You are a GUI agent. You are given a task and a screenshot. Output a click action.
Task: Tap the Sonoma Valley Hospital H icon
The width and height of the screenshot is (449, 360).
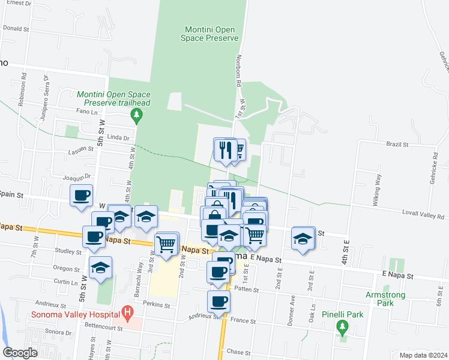tap(127, 312)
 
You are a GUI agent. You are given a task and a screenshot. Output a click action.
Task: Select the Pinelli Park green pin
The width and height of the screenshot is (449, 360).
tap(343, 327)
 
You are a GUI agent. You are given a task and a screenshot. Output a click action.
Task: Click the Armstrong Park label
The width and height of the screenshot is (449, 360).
tap(385, 299)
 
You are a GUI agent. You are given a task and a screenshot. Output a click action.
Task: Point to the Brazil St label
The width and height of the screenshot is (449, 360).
tap(397, 145)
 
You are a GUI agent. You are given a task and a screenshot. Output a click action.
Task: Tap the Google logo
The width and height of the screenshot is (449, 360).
tap(20, 353)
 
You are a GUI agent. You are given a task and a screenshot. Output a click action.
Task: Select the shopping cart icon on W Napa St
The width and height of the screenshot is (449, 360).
tap(166, 242)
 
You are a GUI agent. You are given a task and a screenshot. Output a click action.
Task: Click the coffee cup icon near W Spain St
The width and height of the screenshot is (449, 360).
tap(82, 194)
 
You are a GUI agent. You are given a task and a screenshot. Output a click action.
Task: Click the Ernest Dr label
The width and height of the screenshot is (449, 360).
tap(19, 3)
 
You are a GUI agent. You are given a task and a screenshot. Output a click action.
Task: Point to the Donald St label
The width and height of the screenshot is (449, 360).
tap(16, 28)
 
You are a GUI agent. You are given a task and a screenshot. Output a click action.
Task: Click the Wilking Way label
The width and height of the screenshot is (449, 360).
tap(378, 190)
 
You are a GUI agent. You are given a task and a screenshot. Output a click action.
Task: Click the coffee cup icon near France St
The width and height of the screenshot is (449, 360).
tap(218, 300)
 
